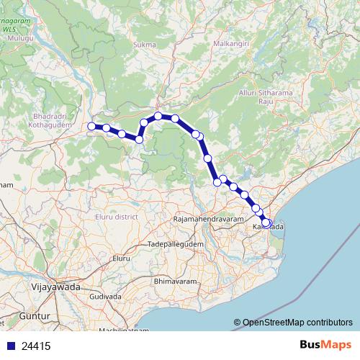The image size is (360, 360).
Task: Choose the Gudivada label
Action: click(x=106, y=296)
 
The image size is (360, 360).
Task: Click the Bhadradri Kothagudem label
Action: click(x=49, y=120)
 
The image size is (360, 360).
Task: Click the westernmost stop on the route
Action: click(x=91, y=127)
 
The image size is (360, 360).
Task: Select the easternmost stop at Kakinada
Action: click(x=266, y=223)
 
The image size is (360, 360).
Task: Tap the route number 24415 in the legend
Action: click(x=36, y=346)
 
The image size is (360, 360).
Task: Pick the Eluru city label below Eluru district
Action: click(x=120, y=257)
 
